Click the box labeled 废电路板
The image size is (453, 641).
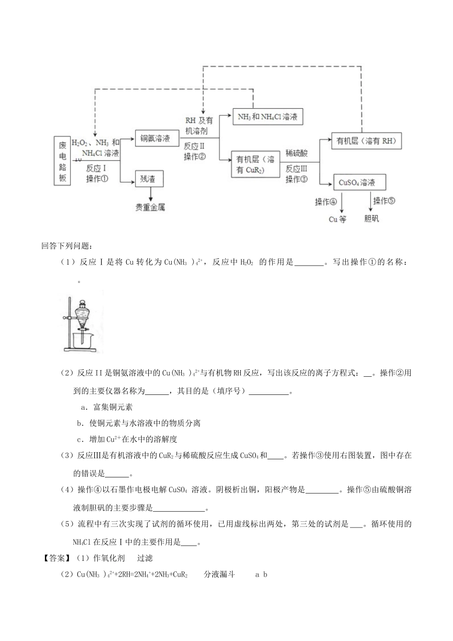[x=62, y=161]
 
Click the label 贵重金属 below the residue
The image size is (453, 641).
[x=151, y=207]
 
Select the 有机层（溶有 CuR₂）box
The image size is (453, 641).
[x=255, y=165]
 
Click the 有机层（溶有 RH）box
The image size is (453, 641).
[x=366, y=141]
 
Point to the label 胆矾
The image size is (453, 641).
[x=371, y=219]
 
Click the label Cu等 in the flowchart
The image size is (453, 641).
[x=338, y=219]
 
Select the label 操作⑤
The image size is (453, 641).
[x=384, y=201]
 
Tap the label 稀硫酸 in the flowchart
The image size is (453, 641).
[x=297, y=154]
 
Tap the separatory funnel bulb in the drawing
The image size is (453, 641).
[x=83, y=313]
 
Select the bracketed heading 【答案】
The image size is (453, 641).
[x=56, y=558]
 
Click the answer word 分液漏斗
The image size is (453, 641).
[x=219, y=574]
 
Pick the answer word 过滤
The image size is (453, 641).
[x=145, y=558]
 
